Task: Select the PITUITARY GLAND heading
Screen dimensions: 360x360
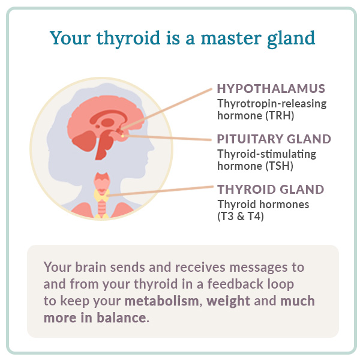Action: [274, 139]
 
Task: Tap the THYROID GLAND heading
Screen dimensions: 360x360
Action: [270, 190]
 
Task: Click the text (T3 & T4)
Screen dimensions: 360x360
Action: [241, 217]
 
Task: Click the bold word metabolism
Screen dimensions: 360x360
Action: [161, 301]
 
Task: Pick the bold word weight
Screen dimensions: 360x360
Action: [229, 301]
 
